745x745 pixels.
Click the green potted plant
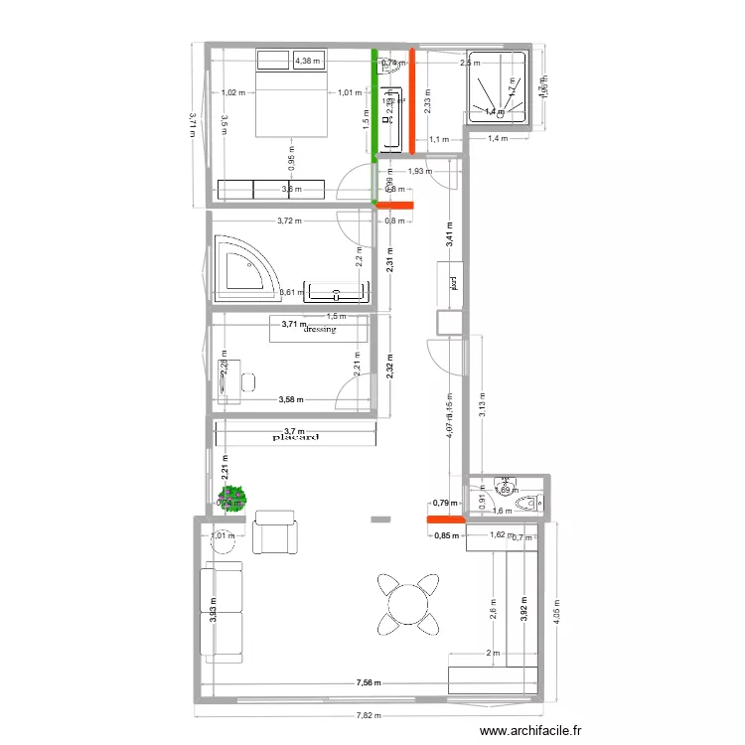click(x=234, y=494)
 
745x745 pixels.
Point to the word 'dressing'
click(x=320, y=330)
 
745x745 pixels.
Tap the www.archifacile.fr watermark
click(x=530, y=732)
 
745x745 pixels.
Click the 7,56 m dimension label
click(x=372, y=682)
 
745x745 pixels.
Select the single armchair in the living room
click(x=274, y=531)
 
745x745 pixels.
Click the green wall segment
click(x=374, y=104)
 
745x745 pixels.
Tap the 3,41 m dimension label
click(x=449, y=236)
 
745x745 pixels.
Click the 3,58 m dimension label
click(x=291, y=399)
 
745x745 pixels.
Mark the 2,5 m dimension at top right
click(x=465, y=64)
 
